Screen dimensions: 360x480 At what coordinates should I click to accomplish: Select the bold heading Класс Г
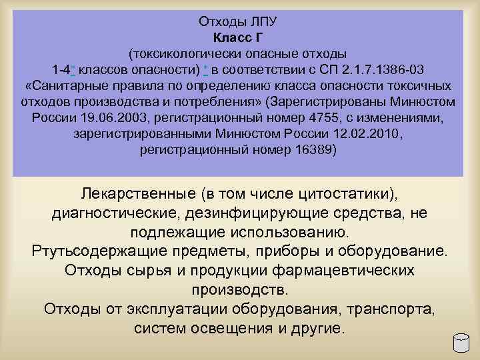[x=239, y=37]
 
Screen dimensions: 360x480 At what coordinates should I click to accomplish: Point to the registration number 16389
[x=315, y=150]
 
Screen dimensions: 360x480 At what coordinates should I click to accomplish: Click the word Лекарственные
[x=137, y=193]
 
